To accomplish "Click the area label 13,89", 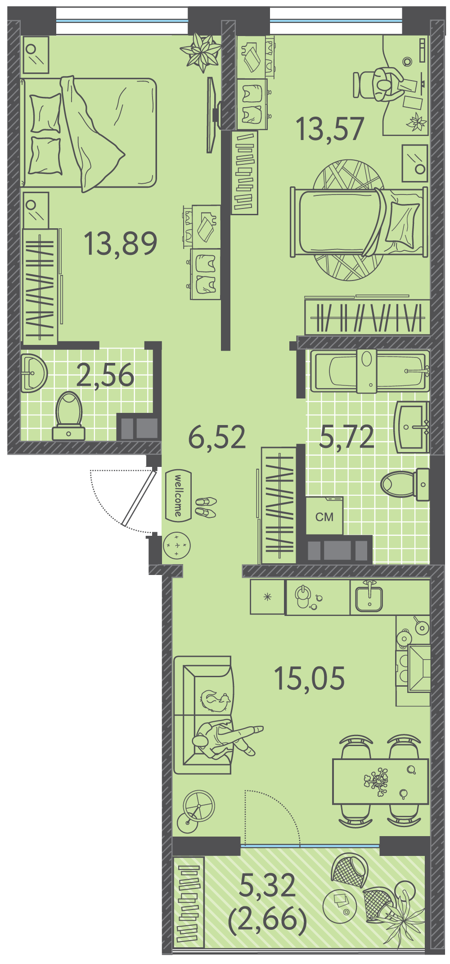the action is pos(121,244).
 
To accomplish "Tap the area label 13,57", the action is pos(330,129).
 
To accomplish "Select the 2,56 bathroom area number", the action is pos(105,375).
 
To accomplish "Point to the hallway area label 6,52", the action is pos(217,437).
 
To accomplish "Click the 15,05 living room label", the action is pos(309,678).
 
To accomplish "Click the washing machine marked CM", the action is pos(324,516).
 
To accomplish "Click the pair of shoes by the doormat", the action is pos(205,507).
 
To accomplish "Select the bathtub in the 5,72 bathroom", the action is pos(369,371).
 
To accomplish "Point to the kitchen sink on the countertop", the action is pos(369,597).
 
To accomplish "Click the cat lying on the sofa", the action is pos(216,701).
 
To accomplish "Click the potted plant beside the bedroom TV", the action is pos(201,52).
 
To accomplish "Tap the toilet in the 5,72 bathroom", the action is pos(405,484).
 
